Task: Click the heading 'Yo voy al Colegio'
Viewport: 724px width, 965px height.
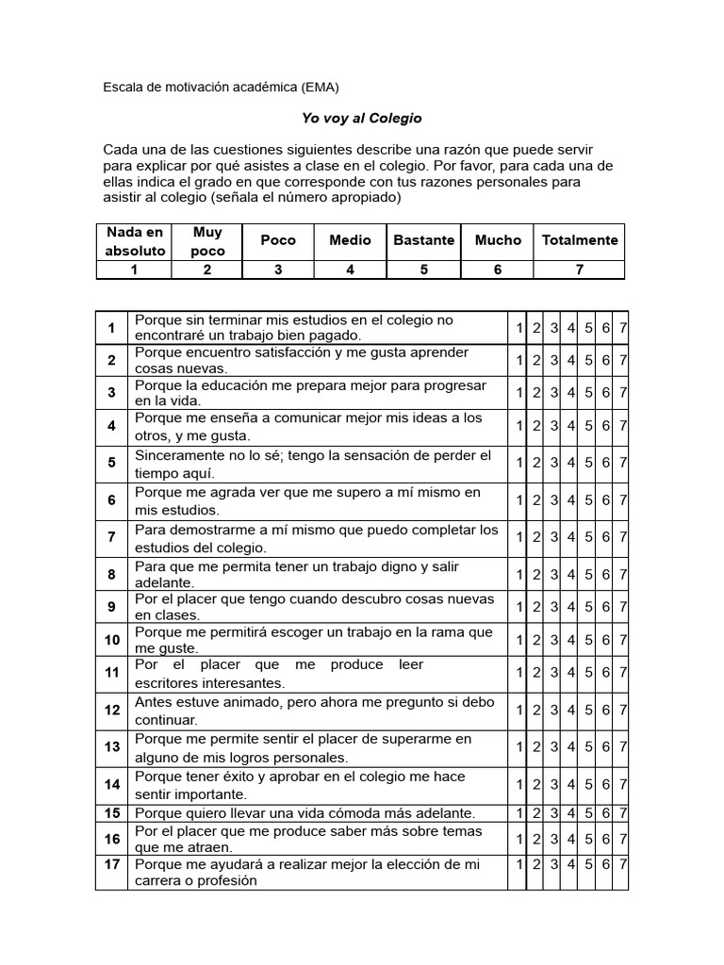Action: click(x=348, y=119)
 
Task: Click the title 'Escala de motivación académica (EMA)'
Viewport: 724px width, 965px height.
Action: click(x=220, y=87)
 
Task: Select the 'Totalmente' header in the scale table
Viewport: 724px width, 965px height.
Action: click(x=580, y=239)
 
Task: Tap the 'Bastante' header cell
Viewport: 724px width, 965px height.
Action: click(x=423, y=239)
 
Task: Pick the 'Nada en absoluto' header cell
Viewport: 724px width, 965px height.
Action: click(x=135, y=240)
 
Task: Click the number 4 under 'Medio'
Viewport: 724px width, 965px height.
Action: click(x=350, y=270)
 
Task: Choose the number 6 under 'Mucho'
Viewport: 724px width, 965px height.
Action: click(x=497, y=270)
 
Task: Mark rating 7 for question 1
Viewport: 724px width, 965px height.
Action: click(x=623, y=328)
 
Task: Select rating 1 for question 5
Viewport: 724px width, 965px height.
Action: click(x=518, y=463)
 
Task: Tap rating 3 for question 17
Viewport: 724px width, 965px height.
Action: click(x=554, y=864)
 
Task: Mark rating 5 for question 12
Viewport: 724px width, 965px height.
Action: click(x=588, y=710)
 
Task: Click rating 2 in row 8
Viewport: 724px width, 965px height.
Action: click(x=536, y=574)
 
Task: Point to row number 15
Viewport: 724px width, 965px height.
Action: click(x=112, y=812)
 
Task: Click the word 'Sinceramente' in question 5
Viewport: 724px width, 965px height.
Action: click(x=178, y=456)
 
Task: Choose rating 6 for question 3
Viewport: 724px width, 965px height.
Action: click(x=606, y=392)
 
